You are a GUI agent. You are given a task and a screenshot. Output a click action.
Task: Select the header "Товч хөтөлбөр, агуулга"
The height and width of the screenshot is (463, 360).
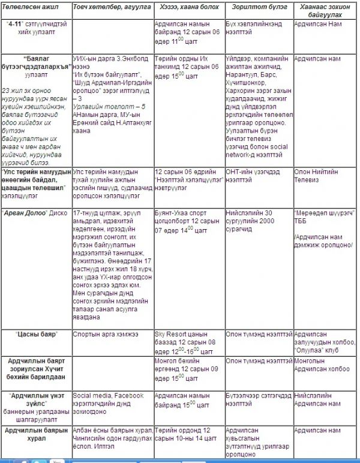(108, 7)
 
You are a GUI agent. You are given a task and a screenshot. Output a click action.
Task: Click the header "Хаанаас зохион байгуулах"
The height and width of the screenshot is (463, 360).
(323, 11)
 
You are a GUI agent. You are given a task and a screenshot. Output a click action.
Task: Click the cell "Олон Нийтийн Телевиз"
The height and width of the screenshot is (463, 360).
(318, 176)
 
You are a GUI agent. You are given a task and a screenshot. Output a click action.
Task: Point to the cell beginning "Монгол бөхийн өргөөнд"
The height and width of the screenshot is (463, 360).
(186, 369)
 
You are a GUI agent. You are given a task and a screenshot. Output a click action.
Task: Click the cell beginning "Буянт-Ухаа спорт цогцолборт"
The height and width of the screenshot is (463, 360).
(187, 221)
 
